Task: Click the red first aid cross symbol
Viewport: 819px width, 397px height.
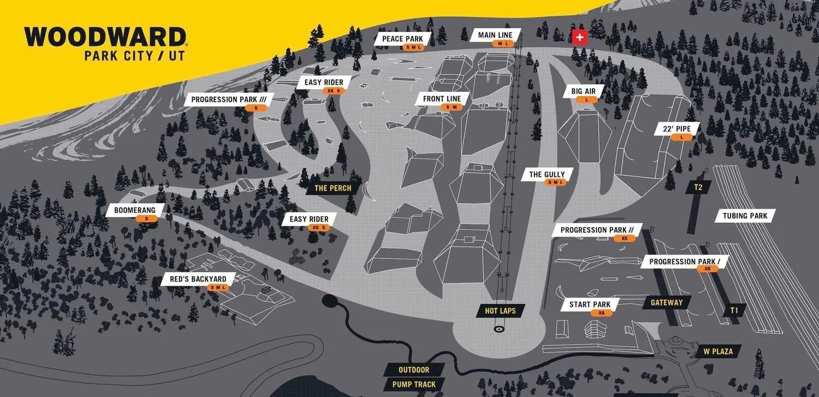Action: point(579,37)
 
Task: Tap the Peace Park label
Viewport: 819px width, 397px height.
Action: point(403,39)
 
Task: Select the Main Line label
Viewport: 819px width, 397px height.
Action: point(495,35)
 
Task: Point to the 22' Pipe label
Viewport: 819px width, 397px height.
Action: point(676,129)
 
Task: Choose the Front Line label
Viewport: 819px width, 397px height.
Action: point(442,99)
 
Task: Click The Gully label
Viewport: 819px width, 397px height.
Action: point(547,175)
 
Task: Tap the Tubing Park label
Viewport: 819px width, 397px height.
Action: point(745,216)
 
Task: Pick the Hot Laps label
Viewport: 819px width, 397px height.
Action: point(500,311)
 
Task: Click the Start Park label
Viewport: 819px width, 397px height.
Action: point(590,305)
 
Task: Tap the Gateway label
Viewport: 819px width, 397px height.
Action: point(666,303)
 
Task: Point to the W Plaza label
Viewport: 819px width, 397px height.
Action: point(717,351)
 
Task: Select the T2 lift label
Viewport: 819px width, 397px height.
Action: point(698,187)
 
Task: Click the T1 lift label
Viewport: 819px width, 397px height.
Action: point(734,310)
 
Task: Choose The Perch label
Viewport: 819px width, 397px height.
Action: point(333,188)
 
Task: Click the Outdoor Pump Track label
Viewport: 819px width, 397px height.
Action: point(414,377)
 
